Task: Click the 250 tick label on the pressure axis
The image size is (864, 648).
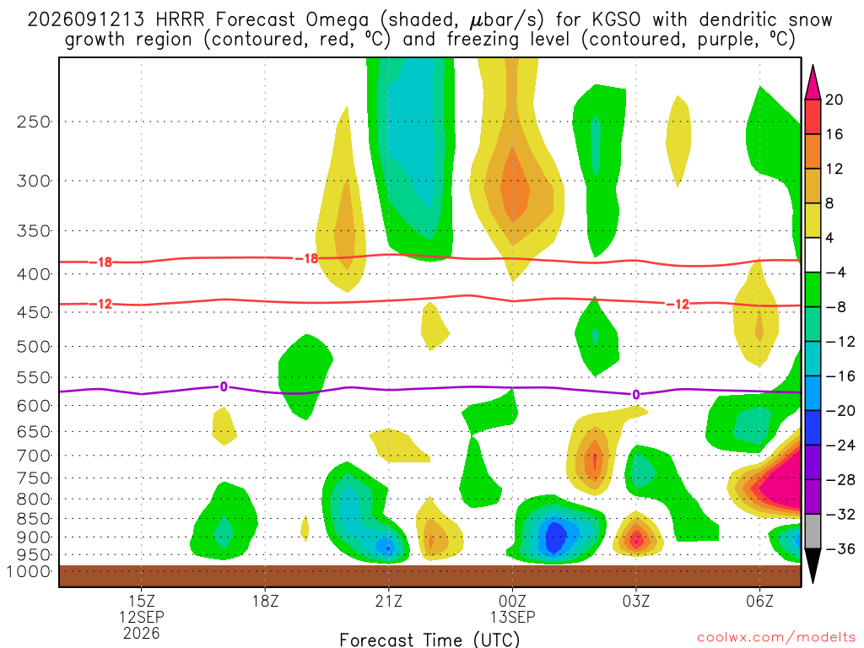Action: [x=34, y=121]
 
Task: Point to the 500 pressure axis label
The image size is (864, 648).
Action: [x=34, y=347]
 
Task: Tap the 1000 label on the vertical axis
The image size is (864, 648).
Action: [x=28, y=571]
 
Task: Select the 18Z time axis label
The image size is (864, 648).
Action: [x=265, y=601]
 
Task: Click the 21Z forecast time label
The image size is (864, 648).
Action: [x=389, y=601]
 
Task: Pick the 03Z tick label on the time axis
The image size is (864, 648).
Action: [x=636, y=601]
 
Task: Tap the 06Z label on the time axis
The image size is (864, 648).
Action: [x=759, y=601]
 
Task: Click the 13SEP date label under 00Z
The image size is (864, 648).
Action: [x=512, y=617]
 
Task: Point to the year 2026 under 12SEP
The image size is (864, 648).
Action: [x=142, y=633]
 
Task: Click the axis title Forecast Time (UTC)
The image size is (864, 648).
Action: [x=429, y=640]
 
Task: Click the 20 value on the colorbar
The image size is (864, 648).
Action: [x=834, y=100]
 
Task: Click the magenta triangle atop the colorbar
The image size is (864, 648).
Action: [x=813, y=82]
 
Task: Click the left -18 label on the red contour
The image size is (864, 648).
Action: [x=100, y=262]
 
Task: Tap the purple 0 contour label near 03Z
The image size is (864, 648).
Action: [x=636, y=395]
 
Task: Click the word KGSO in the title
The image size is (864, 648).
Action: [x=616, y=20]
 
